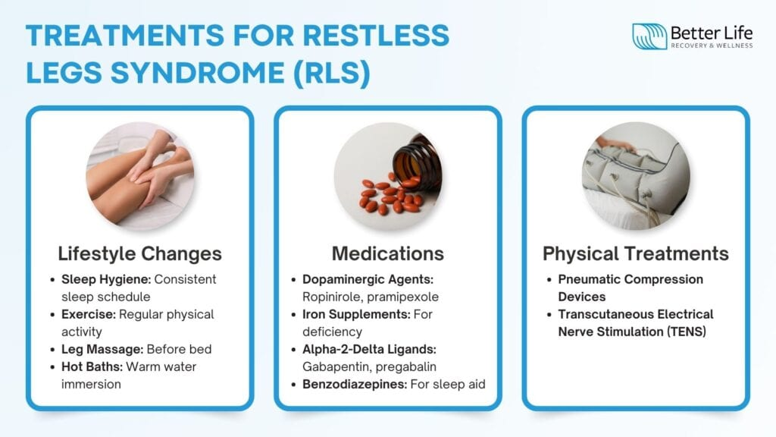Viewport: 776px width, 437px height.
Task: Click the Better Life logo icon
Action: (x=649, y=36)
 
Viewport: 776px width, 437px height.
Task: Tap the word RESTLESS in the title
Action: (x=376, y=36)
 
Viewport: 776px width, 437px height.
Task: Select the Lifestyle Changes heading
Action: (x=140, y=253)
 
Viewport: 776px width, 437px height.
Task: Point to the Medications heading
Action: (x=388, y=253)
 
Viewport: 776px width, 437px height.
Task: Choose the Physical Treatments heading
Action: (x=636, y=253)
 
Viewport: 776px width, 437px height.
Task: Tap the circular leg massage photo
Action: (x=140, y=176)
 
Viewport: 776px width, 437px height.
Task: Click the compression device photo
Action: (x=636, y=176)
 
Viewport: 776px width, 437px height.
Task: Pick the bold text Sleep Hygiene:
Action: (x=106, y=279)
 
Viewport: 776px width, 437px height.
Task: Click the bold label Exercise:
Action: (x=89, y=315)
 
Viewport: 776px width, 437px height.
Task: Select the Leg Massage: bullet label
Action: (x=102, y=349)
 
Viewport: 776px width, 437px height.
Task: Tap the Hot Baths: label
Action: (x=92, y=366)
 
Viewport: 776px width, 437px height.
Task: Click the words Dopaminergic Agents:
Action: (x=368, y=279)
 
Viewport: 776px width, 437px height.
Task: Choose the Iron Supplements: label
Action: (x=356, y=315)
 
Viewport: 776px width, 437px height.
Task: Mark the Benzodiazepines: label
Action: (x=355, y=385)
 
